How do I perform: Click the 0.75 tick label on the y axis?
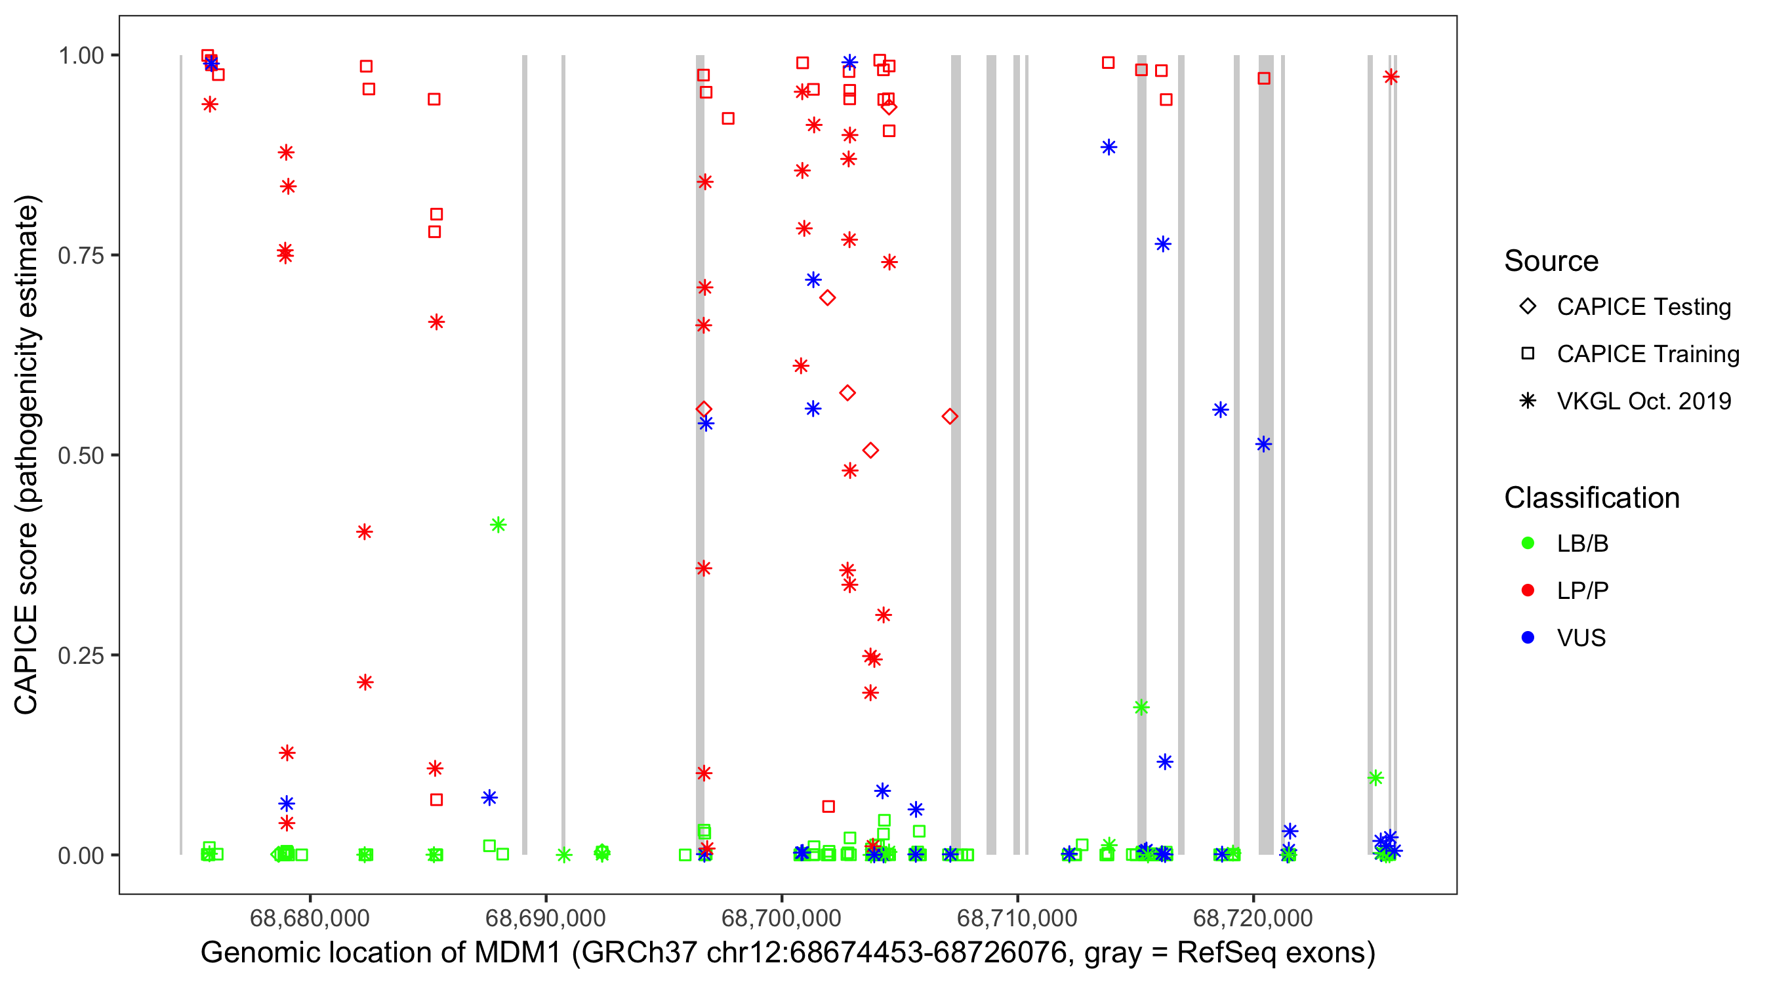(81, 256)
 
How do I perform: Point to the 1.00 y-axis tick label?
(81, 56)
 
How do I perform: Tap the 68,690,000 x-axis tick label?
(545, 918)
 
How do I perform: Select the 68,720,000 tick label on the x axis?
(1253, 918)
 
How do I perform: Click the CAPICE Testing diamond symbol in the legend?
(1528, 307)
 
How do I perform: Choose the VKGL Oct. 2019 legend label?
(1644, 401)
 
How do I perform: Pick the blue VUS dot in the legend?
(1528, 638)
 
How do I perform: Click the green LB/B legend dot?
(1528, 543)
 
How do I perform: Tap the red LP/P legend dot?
(1528, 590)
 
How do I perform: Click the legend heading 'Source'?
(1551, 261)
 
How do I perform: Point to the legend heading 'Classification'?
(1591, 498)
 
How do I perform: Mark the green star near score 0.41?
(499, 525)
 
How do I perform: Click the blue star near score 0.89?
(1109, 147)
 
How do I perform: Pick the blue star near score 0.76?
(1162, 244)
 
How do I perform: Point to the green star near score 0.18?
(1141, 708)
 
